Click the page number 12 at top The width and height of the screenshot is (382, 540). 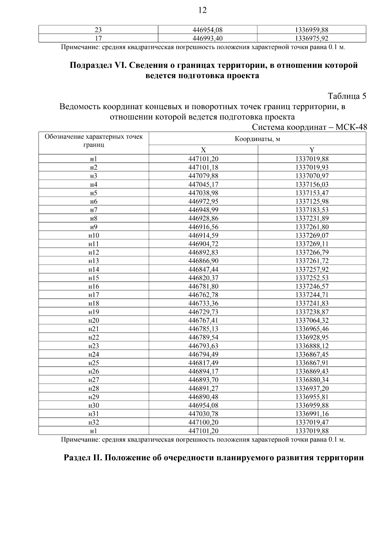click(202, 10)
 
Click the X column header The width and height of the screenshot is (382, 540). click(203, 150)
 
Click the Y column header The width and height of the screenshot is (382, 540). click(312, 150)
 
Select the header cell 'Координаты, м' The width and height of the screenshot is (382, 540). click(257, 139)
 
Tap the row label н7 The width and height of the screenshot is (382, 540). click(94, 210)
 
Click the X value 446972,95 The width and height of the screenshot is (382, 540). click(203, 201)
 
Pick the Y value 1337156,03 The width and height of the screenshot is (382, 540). click(312, 185)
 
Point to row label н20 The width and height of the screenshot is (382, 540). click(94, 320)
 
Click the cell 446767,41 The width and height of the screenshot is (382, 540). click(203, 320)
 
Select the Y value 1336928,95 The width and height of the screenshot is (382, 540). click(312, 337)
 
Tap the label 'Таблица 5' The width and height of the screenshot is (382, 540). click(347, 96)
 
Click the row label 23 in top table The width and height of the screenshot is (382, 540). click(98, 30)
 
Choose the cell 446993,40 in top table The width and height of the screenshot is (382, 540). click(208, 39)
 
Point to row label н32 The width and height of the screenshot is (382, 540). click(94, 423)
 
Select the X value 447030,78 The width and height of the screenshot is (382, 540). click(203, 414)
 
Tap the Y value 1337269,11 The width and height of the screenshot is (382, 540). click(312, 244)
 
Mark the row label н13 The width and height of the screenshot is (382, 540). click(94, 261)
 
